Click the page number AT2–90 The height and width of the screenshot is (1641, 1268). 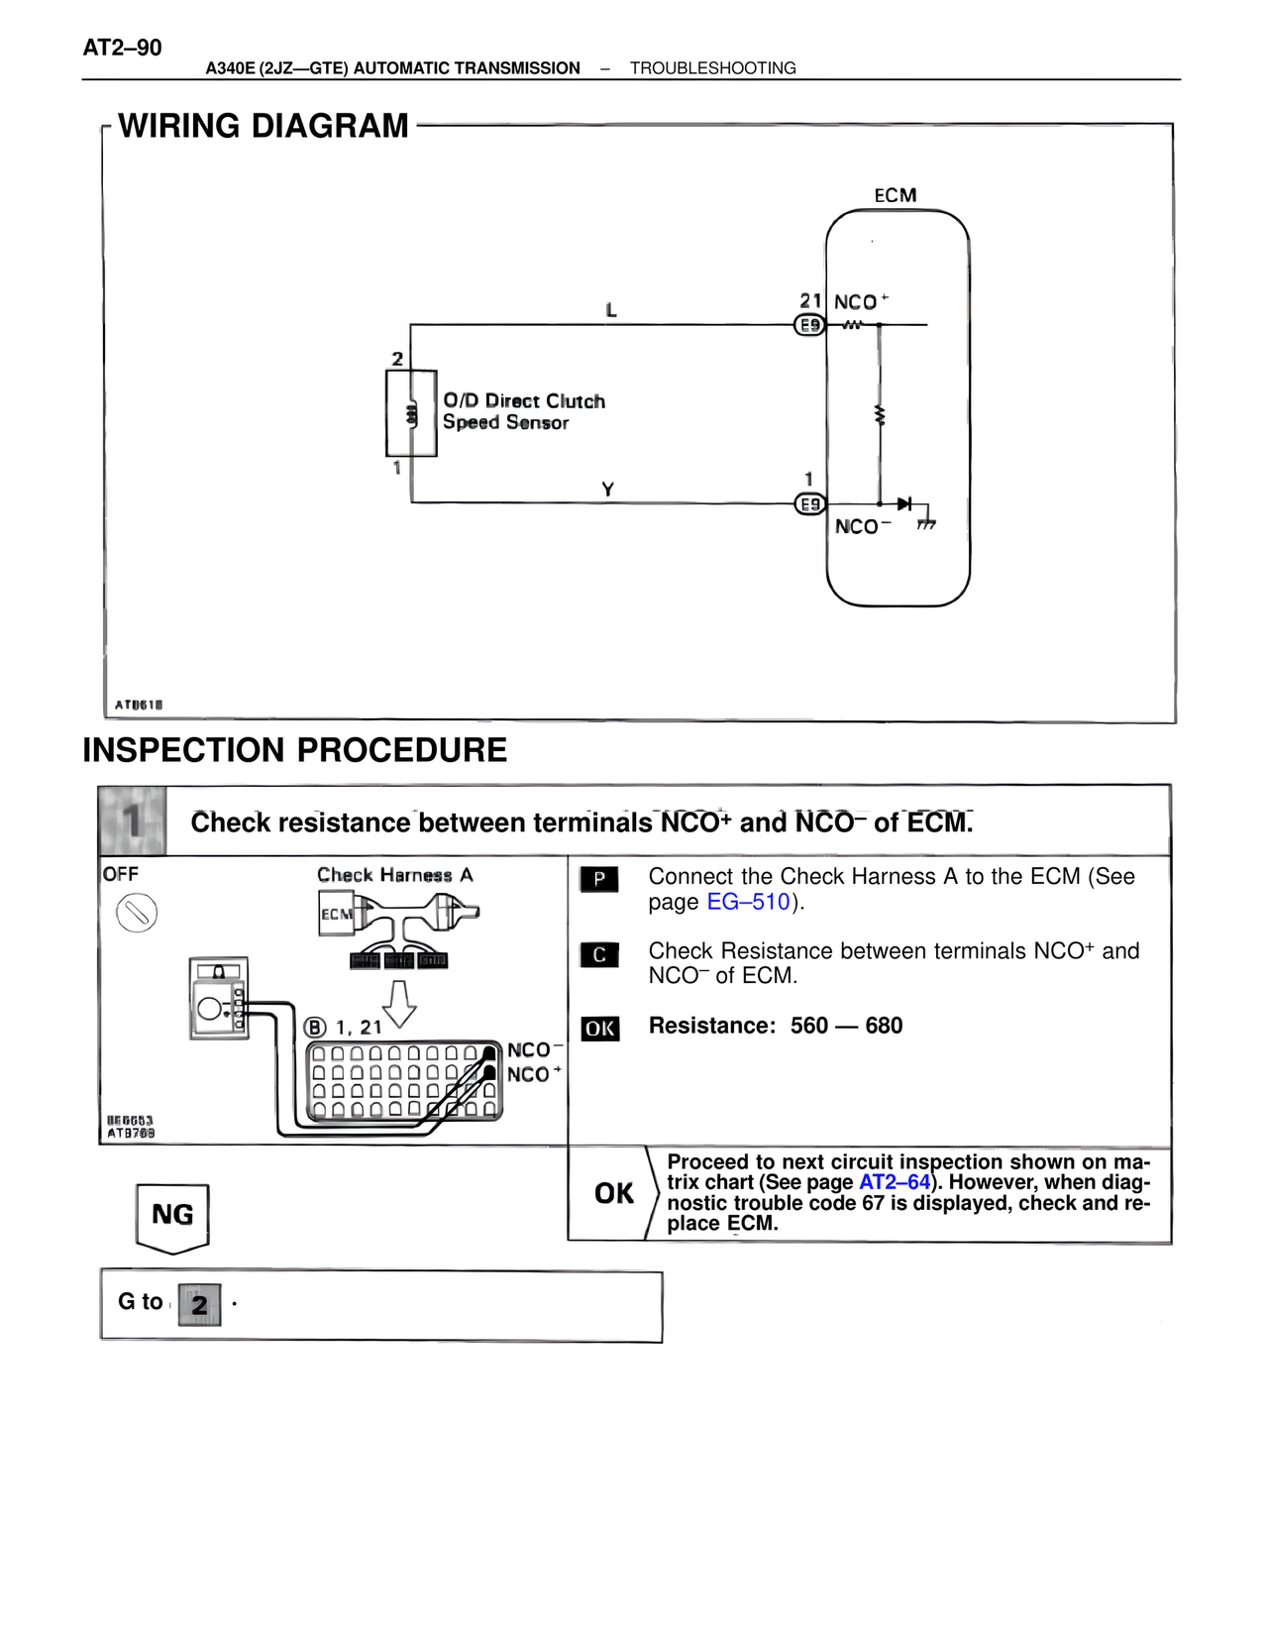(x=122, y=48)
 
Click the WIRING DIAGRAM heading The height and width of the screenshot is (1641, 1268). (x=263, y=126)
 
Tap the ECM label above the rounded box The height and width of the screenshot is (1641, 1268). (x=895, y=195)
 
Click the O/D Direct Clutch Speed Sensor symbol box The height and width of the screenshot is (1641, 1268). (x=411, y=413)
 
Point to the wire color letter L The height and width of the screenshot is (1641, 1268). (x=611, y=310)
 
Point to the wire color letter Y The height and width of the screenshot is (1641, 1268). (x=608, y=490)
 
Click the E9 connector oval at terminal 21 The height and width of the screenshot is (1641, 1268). (x=810, y=325)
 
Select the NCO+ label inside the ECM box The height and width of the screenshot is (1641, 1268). (x=860, y=302)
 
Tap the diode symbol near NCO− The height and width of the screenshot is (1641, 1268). (x=903, y=504)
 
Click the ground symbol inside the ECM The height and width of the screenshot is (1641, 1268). (x=927, y=522)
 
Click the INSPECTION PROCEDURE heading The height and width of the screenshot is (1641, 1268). (x=294, y=750)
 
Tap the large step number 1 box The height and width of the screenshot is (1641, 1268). (x=133, y=820)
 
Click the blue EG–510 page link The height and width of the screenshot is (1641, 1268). (x=748, y=902)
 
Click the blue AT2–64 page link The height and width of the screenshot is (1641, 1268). (x=895, y=1182)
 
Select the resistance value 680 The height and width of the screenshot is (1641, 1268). (x=884, y=1026)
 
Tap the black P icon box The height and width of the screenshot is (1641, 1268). (x=599, y=879)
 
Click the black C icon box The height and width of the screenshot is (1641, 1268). (x=599, y=954)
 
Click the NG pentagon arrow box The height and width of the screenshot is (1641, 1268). (x=172, y=1216)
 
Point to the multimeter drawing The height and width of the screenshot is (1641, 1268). (x=219, y=999)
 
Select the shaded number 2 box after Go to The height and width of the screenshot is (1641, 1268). (x=199, y=1304)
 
